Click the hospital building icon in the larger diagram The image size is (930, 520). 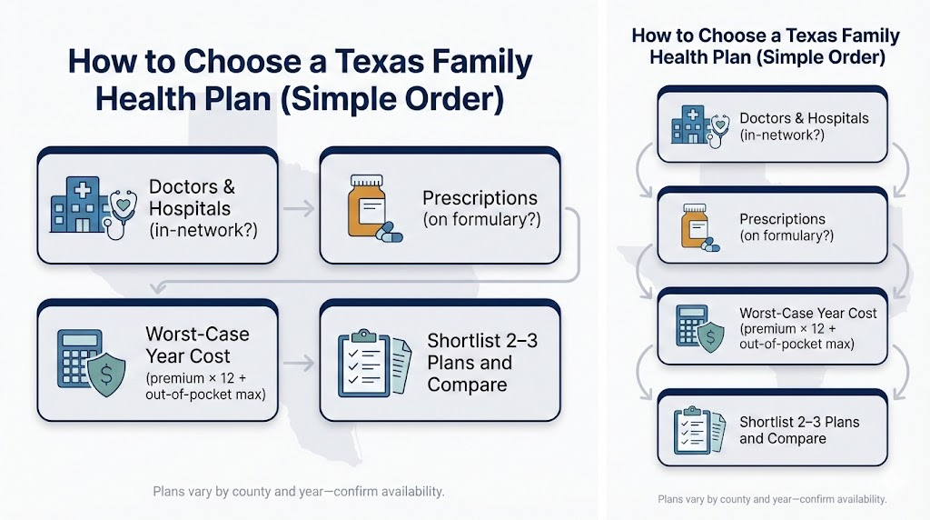click(x=76, y=207)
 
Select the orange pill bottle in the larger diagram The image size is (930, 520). click(x=367, y=206)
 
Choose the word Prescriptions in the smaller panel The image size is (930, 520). click(x=782, y=219)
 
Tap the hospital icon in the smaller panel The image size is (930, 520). click(x=688, y=125)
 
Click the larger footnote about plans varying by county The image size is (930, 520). click(x=299, y=492)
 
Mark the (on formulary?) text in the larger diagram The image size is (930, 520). click(x=480, y=220)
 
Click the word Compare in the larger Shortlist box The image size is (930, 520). click(x=467, y=385)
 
